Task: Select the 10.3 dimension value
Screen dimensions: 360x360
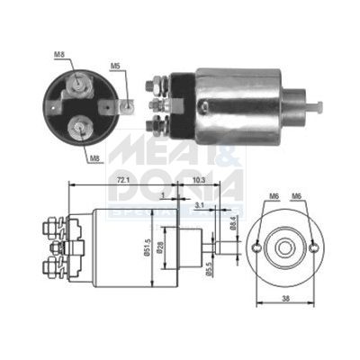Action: click(200, 181)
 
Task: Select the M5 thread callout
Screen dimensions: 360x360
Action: click(115, 66)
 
